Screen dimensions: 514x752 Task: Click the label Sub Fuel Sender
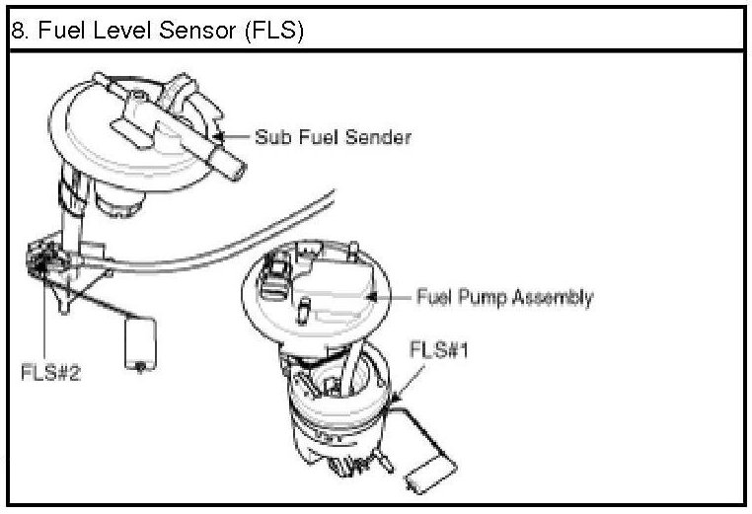point(333,137)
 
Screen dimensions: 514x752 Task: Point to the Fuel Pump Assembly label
point(504,296)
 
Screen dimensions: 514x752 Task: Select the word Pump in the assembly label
point(484,296)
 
